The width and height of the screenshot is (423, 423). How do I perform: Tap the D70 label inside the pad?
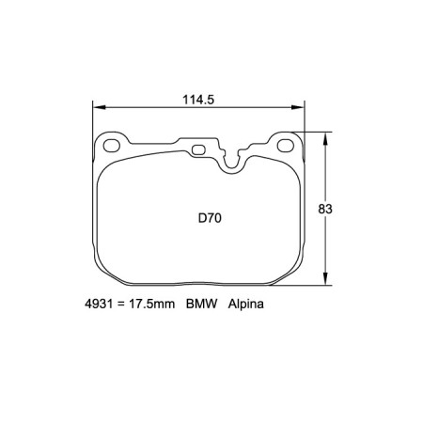click(x=209, y=217)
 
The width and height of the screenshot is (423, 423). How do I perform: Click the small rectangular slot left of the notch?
click(x=200, y=149)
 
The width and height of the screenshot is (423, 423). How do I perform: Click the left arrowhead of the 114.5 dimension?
click(x=97, y=106)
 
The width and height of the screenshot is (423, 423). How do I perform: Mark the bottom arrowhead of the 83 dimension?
click(x=326, y=279)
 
